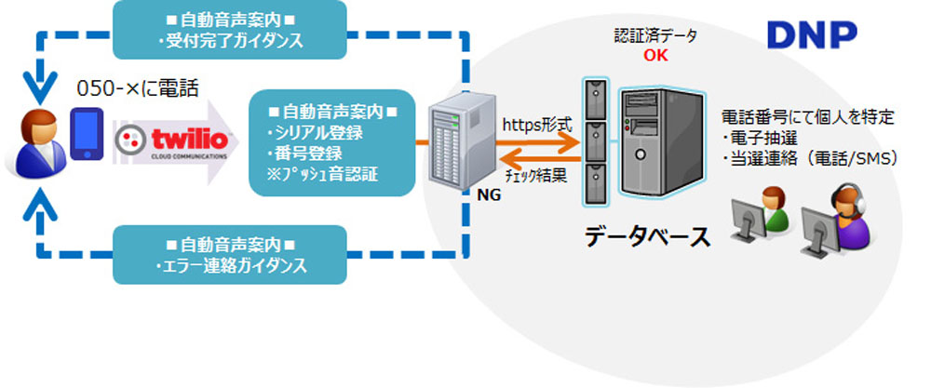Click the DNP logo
811,34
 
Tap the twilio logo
171,140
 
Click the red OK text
655,56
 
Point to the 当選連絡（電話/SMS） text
809,159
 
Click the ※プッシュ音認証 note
322,172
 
